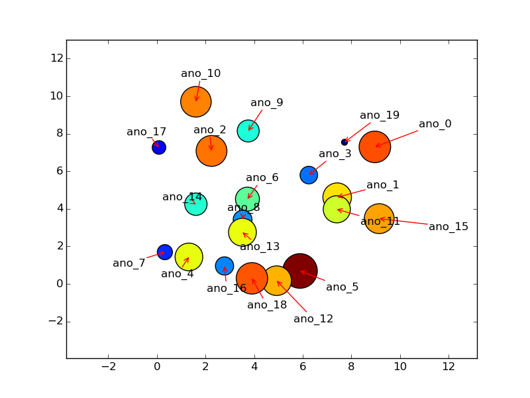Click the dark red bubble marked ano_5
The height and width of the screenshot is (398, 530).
tap(299, 271)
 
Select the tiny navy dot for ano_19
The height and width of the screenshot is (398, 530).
tap(344, 142)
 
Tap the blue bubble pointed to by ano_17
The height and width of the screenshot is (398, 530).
tap(159, 147)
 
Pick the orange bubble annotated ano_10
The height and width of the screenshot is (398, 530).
tap(196, 102)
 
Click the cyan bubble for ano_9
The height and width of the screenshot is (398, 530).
tap(248, 131)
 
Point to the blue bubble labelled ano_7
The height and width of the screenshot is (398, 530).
tap(165, 252)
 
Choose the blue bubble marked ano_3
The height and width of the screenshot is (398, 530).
tap(309, 175)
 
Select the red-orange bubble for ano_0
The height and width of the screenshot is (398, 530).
tap(375, 147)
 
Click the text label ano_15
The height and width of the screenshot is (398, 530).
tap(449, 227)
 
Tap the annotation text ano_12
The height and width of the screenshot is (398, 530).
tap(313, 319)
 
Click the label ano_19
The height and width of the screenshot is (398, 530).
tap(380, 115)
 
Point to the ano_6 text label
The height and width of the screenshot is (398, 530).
tap(262, 178)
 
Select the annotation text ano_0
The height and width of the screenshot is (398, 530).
tap(435, 124)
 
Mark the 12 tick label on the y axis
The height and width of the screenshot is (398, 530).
tap(57, 58)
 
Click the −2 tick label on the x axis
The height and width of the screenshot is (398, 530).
tap(108, 367)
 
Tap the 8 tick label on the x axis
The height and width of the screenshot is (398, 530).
tap(351, 367)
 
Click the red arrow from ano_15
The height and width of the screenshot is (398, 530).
tap(404, 222)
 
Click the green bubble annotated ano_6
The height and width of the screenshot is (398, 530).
tap(248, 199)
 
